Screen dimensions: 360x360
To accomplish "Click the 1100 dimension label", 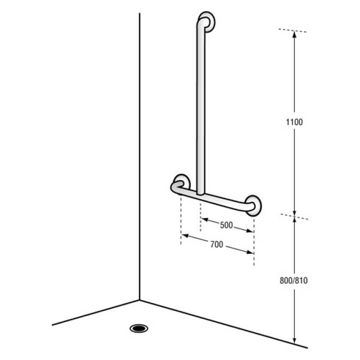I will (x=294, y=122).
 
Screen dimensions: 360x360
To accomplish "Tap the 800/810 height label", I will (x=294, y=280).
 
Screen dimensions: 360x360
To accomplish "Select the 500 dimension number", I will (x=226, y=225).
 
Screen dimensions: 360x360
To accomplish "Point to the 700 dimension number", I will (x=216, y=245).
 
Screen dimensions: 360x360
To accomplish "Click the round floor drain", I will (x=139, y=327).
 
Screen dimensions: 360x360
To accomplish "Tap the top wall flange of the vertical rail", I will (x=208, y=21).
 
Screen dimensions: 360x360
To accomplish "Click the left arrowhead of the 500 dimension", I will (x=204, y=220).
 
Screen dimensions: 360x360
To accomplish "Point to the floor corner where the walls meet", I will (x=139, y=300).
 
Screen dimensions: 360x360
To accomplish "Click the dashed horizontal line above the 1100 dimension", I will (x=293, y=30).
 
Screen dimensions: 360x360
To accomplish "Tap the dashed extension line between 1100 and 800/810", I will (x=294, y=216).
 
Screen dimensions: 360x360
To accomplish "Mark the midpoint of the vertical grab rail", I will (x=201, y=107).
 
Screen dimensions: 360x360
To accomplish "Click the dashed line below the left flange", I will (x=181, y=219).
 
